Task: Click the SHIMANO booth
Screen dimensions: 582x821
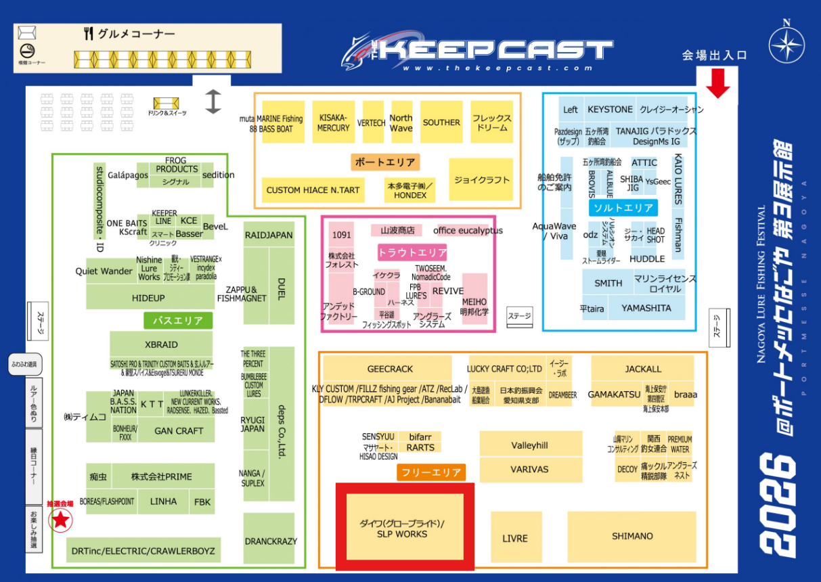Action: (x=631, y=536)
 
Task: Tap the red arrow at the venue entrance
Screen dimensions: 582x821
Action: (x=718, y=83)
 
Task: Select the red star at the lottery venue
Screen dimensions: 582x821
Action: (x=62, y=520)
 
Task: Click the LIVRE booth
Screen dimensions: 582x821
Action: (x=515, y=538)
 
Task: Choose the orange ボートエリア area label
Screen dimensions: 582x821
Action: (x=385, y=162)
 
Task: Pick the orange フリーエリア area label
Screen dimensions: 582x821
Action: (x=431, y=472)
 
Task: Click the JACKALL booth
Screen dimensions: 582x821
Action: (x=642, y=369)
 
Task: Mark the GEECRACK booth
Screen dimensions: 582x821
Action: (x=390, y=369)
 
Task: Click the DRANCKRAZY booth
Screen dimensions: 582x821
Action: (x=269, y=541)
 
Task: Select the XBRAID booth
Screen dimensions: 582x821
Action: (x=161, y=344)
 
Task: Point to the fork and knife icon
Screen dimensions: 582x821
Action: (x=88, y=34)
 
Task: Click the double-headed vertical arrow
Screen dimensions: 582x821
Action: (x=213, y=102)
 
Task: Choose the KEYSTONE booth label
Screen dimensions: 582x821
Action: (x=610, y=110)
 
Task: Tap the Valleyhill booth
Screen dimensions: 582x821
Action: (x=530, y=445)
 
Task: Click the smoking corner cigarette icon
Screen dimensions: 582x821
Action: (x=27, y=50)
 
